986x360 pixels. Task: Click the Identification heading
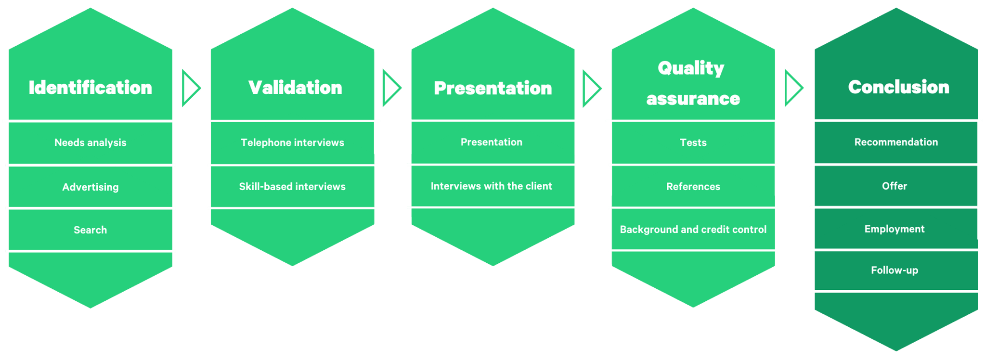pos(91,88)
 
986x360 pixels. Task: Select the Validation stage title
pos(295,88)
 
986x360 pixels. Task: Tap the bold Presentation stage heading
pos(493,88)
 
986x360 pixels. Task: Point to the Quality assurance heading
pos(693,83)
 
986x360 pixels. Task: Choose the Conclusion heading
pos(898,87)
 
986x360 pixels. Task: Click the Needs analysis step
pos(91,142)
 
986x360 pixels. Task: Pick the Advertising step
pos(91,187)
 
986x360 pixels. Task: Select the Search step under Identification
pos(91,230)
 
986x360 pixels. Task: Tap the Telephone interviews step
pos(292,142)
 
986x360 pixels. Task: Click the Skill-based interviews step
pos(292,186)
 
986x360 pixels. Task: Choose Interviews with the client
pos(491,186)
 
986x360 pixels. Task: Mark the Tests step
pos(693,142)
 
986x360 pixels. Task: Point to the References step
pos(693,186)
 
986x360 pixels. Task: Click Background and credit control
pos(693,230)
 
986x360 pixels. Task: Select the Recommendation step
pos(896,142)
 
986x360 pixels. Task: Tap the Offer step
pos(894,186)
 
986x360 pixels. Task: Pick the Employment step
pos(894,229)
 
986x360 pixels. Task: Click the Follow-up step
pos(894,270)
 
